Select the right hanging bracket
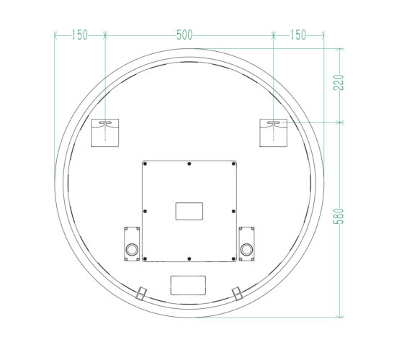pyautogui.click(x=274, y=132)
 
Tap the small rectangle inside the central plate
pyautogui.click(x=189, y=211)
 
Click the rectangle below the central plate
pyautogui.click(x=188, y=286)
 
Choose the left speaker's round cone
pyautogui.click(x=133, y=249)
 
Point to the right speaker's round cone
pyautogui.click(x=246, y=249)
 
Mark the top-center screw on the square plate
pyautogui.click(x=189, y=163)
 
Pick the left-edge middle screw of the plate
pyautogui.click(x=145, y=211)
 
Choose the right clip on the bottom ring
pyautogui.click(x=236, y=292)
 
